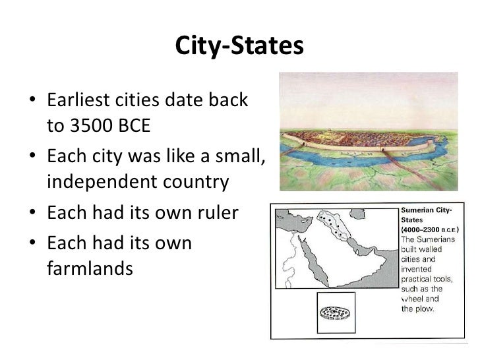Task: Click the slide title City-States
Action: coord(239,47)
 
